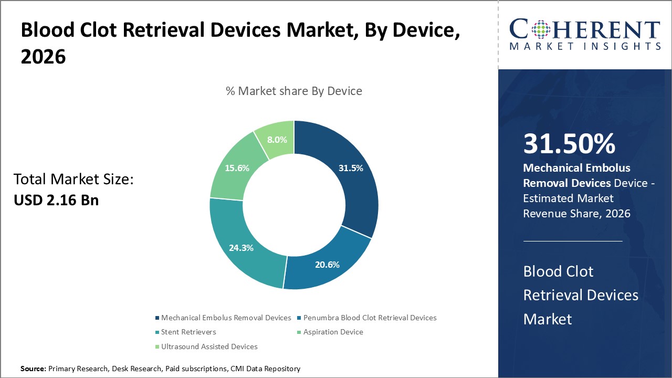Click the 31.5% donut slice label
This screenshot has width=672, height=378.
click(x=351, y=168)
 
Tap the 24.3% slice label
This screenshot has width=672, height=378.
click(x=241, y=248)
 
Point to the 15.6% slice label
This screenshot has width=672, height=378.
click(x=237, y=168)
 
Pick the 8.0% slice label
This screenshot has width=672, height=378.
click(x=277, y=140)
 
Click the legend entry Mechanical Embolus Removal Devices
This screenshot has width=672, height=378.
click(x=226, y=318)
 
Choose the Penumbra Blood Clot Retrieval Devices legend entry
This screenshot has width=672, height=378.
click(x=370, y=318)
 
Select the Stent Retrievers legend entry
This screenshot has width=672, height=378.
click(x=188, y=332)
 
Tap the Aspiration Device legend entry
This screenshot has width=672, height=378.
click(x=333, y=332)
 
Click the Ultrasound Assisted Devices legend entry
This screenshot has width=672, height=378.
click(x=209, y=346)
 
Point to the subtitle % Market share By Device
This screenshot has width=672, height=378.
click(x=294, y=91)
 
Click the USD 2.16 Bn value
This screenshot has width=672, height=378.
click(x=56, y=200)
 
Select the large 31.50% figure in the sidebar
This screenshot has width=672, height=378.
click(x=570, y=144)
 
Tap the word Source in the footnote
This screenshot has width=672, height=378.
click(x=33, y=369)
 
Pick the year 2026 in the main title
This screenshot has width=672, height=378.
click(x=43, y=57)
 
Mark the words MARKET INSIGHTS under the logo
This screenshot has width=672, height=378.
click(x=585, y=46)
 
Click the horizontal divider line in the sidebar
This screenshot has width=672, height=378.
click(x=573, y=241)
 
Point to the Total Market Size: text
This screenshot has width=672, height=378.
click(x=74, y=180)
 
